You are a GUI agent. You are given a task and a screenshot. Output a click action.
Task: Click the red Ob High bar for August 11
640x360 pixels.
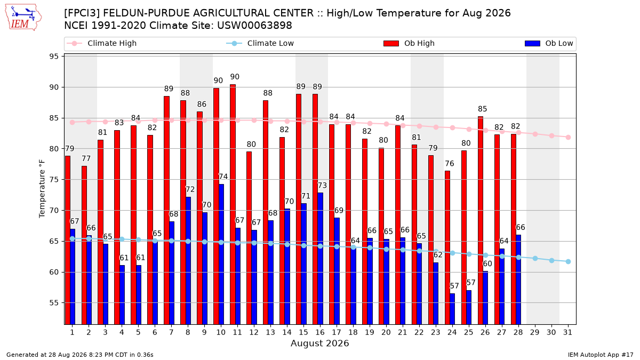pos(233,204)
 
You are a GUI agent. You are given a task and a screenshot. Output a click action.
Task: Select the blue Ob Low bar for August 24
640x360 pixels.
pos(452,309)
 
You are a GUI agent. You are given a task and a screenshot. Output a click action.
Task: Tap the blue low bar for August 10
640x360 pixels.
pos(221,254)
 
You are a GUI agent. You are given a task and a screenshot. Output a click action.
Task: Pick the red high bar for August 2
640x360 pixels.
pos(84,245)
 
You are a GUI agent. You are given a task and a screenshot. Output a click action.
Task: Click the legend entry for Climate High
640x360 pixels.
pos(102,43)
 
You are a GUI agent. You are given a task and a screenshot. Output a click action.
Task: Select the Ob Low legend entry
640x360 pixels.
pos(549,43)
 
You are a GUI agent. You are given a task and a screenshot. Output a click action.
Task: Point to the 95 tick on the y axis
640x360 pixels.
pos(54,57)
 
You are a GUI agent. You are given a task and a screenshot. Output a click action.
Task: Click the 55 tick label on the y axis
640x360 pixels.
pos(54,303)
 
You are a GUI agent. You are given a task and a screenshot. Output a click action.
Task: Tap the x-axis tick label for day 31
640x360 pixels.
pos(567,332)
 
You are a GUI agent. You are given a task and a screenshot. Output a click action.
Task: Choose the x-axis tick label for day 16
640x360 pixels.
pos(320,332)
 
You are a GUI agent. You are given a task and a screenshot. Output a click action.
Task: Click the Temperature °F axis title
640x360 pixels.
pos(42,189)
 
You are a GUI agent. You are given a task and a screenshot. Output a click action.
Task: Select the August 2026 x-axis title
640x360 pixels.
pos(319,343)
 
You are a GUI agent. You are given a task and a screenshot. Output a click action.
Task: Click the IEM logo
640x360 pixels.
pos(23,18)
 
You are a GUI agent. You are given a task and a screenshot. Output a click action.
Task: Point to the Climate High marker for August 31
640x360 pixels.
pos(568,137)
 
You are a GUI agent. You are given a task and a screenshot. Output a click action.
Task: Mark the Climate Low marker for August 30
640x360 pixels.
pos(551,261)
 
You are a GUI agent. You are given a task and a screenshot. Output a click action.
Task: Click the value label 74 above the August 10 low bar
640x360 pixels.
pos(223,177)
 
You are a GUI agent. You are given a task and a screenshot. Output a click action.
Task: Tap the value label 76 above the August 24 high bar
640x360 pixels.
pos(450,163)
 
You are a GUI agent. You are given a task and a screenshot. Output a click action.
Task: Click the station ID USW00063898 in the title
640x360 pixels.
pos(254,26)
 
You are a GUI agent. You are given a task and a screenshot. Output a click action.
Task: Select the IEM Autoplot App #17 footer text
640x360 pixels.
pos(601,355)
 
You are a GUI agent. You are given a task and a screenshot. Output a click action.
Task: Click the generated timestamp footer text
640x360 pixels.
pos(79,355)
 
